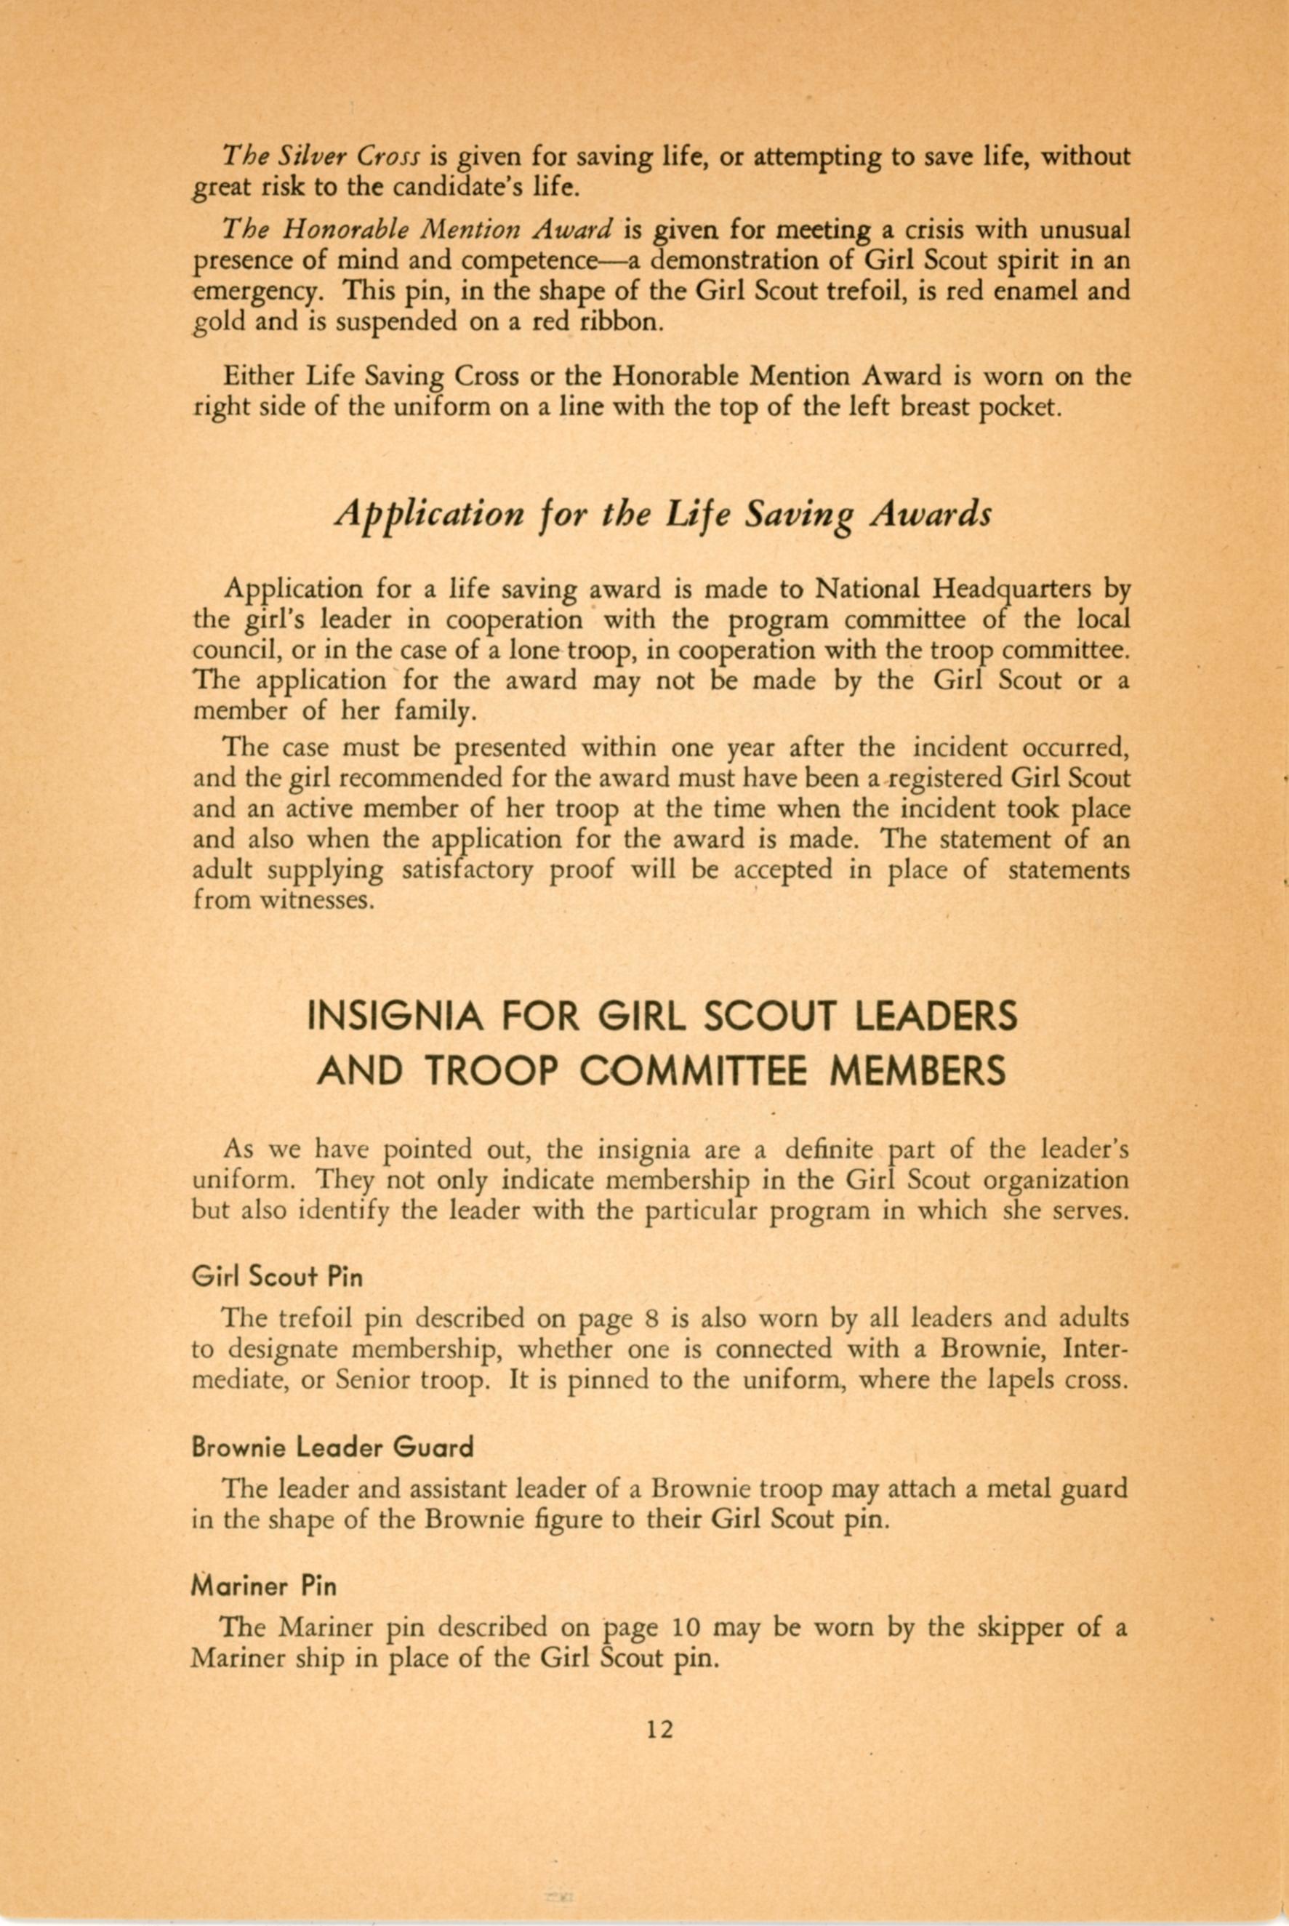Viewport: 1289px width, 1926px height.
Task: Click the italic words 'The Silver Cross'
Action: pos(323,156)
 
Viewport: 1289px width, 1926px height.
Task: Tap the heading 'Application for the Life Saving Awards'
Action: pos(662,516)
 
